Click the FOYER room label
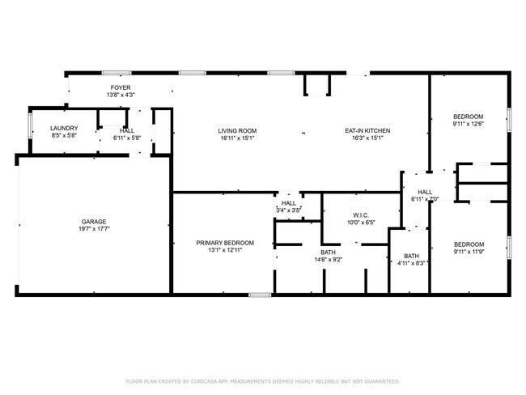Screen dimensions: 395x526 pyautogui.click(x=121, y=87)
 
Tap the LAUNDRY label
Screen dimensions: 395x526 pyautogui.click(x=63, y=129)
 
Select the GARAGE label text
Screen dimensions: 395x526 pyautogui.click(x=93, y=221)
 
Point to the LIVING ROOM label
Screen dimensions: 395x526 pyautogui.click(x=237, y=130)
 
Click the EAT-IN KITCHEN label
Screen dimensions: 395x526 pyautogui.click(x=368, y=130)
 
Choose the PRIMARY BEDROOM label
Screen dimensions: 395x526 pyautogui.click(x=225, y=243)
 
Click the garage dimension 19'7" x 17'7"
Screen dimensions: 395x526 pyautogui.click(x=93, y=229)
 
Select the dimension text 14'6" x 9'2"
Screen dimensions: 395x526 pyautogui.click(x=328, y=261)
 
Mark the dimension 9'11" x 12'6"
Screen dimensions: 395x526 pyautogui.click(x=469, y=124)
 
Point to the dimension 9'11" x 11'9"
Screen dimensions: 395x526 pyautogui.click(x=469, y=253)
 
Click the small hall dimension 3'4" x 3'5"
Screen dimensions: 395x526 pyautogui.click(x=289, y=210)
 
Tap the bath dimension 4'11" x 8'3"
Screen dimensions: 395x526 pyautogui.click(x=412, y=263)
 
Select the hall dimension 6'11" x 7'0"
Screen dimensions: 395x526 pyautogui.click(x=425, y=199)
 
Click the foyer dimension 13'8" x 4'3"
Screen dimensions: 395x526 pyautogui.click(x=121, y=95)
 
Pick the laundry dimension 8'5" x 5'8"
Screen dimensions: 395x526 pyautogui.click(x=63, y=137)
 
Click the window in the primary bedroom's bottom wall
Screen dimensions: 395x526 pyautogui.click(x=260, y=295)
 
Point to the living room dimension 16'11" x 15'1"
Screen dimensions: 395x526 pyautogui.click(x=237, y=138)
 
